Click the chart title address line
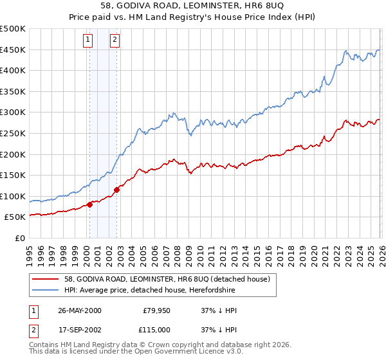pyautogui.click(x=193, y=6)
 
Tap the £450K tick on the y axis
pyautogui.click(x=13, y=50)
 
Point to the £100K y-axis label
pyautogui.click(x=13, y=196)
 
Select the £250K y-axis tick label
pyautogui.click(x=13, y=134)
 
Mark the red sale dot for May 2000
pyautogui.click(x=90, y=205)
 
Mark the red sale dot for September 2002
pyautogui.click(x=116, y=190)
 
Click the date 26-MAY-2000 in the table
pyautogui.click(x=79, y=310)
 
